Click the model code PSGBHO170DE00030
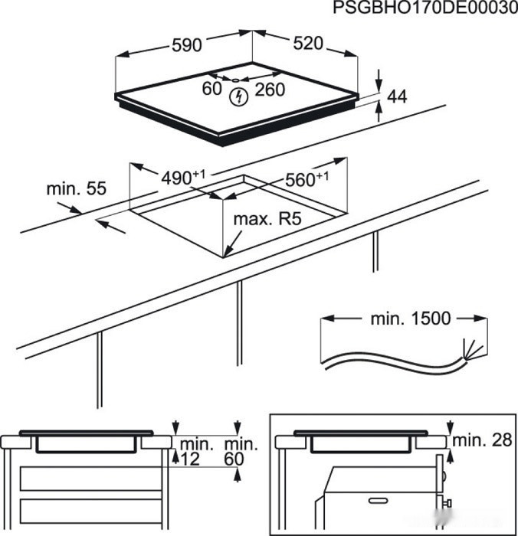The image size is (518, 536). (421, 8)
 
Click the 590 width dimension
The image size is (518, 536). (186, 45)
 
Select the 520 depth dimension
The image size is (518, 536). (307, 44)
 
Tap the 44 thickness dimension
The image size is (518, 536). (397, 96)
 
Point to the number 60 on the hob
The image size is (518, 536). (212, 90)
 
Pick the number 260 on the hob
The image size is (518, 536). (269, 90)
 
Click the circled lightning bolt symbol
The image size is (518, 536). (240, 96)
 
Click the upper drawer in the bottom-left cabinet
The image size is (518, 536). (89, 479)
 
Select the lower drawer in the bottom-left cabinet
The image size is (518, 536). (89, 510)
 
